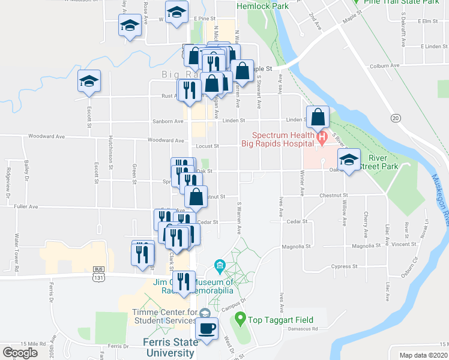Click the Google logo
click(x=20, y=353)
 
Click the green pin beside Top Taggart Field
click(x=240, y=318)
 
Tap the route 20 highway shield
click(x=396, y=118)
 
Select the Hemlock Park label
click(x=262, y=7)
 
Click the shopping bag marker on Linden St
click(x=318, y=116)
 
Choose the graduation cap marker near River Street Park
click(x=349, y=159)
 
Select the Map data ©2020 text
click(x=424, y=355)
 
